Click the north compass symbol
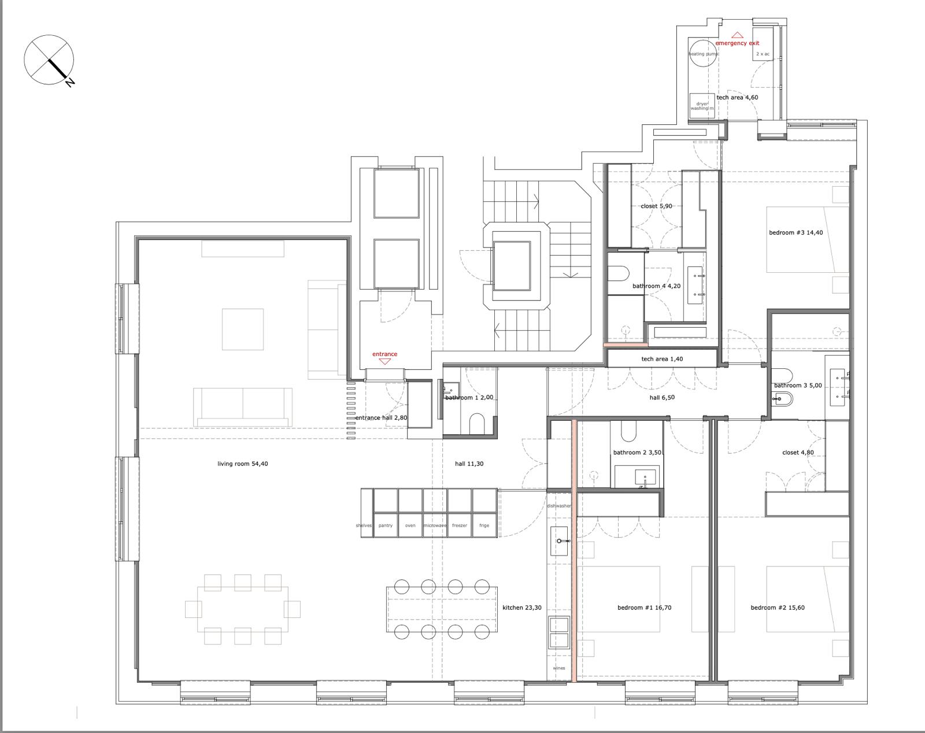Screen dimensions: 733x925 49,60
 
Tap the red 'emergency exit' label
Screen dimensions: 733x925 737,43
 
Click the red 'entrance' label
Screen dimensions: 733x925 384,354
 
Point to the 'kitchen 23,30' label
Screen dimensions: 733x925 522,608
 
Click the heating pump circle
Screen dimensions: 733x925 704,53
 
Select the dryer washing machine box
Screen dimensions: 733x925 702,105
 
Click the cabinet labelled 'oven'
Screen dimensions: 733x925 410,525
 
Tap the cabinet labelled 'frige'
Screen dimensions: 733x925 484,525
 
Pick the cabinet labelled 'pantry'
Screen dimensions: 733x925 385,525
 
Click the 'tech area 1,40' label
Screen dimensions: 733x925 662,359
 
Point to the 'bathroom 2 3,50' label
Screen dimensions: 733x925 637,453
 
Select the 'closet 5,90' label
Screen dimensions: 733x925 656,206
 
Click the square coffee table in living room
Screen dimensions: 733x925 243,329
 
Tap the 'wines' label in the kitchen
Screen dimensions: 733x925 558,668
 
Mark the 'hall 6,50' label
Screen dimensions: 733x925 662,398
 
